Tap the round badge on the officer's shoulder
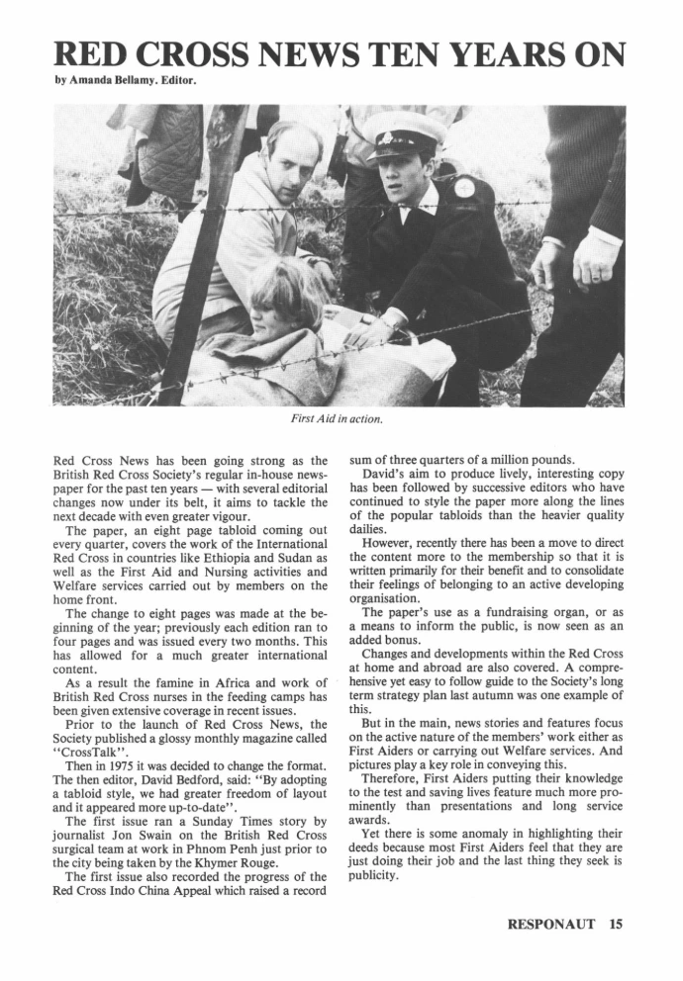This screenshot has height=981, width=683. pos(464,187)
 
